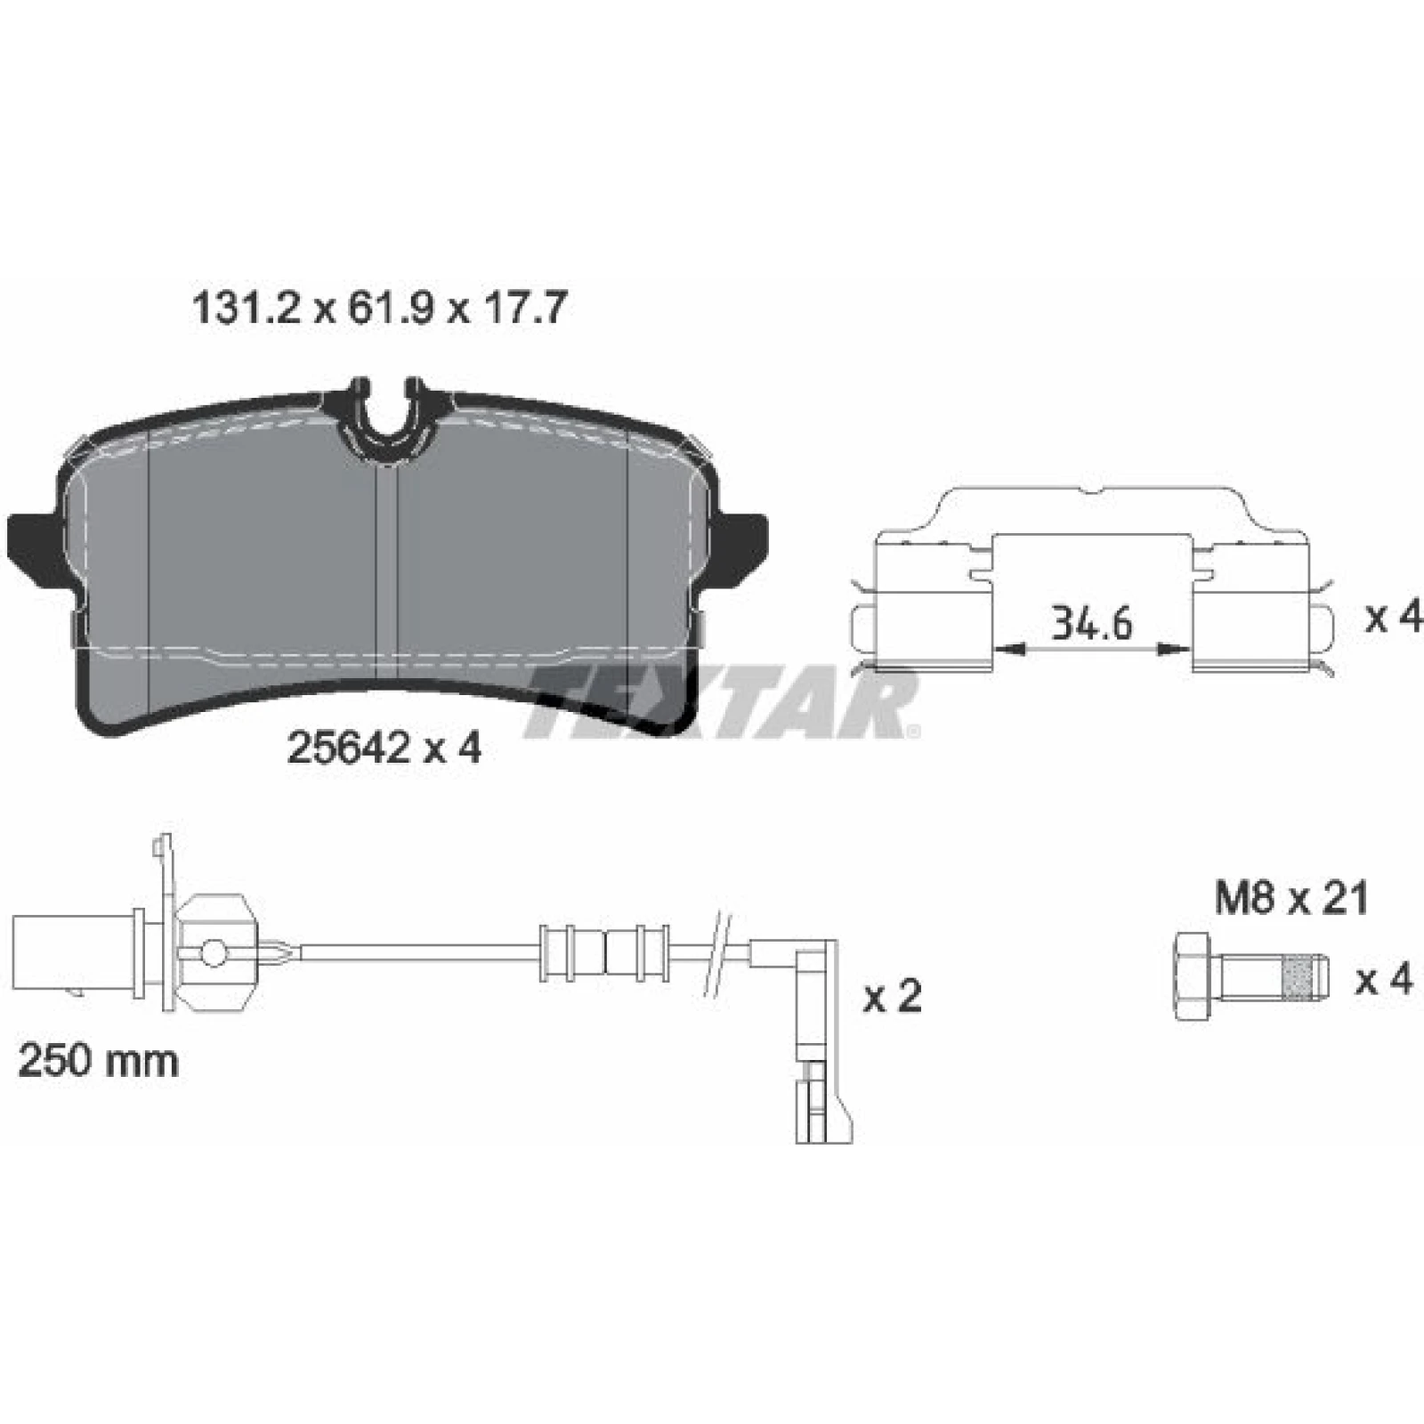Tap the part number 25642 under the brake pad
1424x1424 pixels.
(349, 748)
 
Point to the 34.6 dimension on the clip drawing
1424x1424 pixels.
(1092, 623)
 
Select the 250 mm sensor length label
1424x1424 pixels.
(98, 1061)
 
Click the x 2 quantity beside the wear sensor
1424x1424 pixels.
(893, 997)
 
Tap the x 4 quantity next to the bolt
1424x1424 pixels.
(1384, 980)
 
